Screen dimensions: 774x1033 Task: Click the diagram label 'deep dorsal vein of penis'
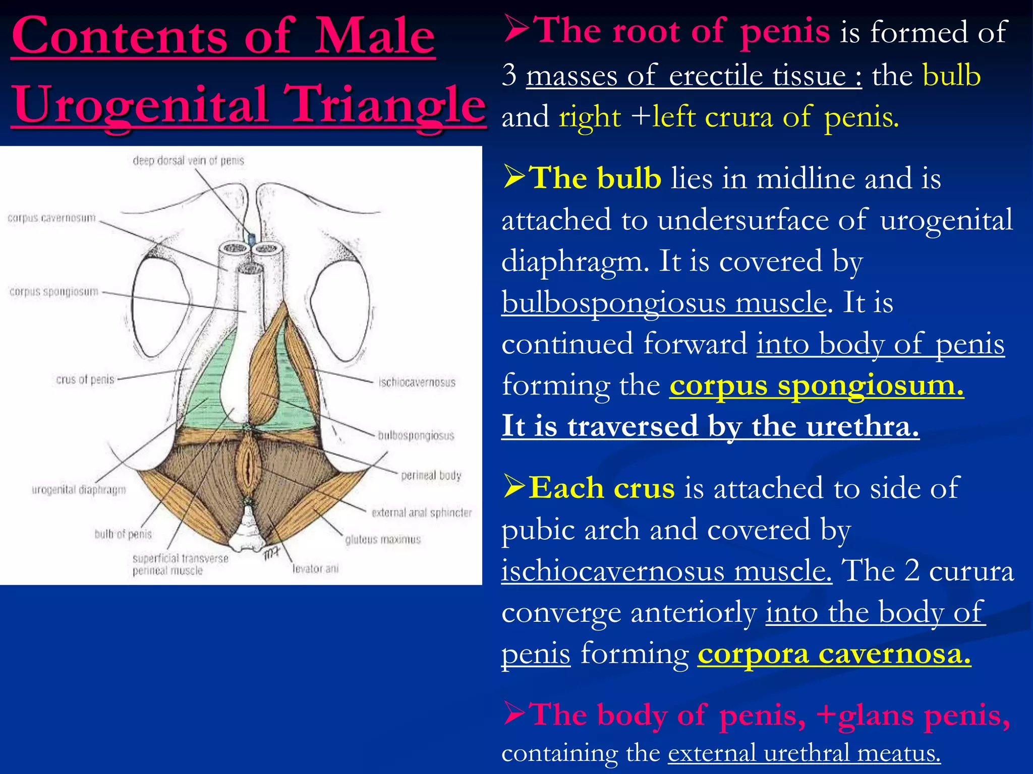[188, 161]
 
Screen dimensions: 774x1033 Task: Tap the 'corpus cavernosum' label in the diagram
[51, 218]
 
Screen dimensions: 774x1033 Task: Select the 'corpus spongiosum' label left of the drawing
[54, 292]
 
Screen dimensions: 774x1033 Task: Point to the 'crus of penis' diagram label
[85, 379]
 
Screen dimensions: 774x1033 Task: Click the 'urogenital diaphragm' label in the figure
[79, 490]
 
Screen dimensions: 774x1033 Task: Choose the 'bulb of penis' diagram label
[123, 534]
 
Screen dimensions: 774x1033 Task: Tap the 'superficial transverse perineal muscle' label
[180, 564]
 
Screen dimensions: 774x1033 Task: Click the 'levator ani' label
[316, 569]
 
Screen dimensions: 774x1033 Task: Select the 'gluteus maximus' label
[383, 540]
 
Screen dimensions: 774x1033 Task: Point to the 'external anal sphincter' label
[422, 513]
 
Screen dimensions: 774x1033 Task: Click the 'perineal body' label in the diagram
[431, 475]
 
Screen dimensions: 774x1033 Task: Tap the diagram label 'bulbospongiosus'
[416, 435]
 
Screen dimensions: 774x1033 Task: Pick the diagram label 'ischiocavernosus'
[417, 382]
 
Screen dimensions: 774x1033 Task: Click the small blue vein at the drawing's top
[251, 238]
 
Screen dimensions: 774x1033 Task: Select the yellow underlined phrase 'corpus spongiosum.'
[816, 385]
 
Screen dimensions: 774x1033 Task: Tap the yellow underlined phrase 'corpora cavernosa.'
[834, 654]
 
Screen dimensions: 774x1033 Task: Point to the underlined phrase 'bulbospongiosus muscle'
[664, 303]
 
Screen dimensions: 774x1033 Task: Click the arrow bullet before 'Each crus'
[514, 487]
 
